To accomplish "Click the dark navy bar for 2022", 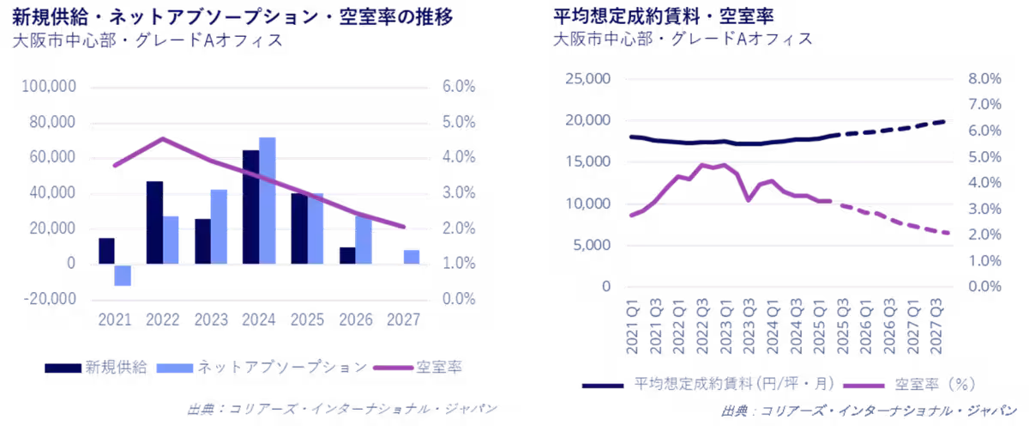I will pyautogui.click(x=154, y=222).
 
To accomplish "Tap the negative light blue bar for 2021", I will pyautogui.click(x=123, y=275).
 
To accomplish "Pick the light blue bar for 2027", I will pyautogui.click(x=412, y=256).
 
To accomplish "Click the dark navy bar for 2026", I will pyautogui.click(x=346, y=255).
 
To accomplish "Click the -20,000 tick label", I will pyautogui.click(x=53, y=299).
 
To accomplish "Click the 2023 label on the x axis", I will pyautogui.click(x=211, y=319).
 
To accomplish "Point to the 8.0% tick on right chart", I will pyautogui.click(x=984, y=79).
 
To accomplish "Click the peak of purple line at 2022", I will pyautogui.click(x=163, y=137).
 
